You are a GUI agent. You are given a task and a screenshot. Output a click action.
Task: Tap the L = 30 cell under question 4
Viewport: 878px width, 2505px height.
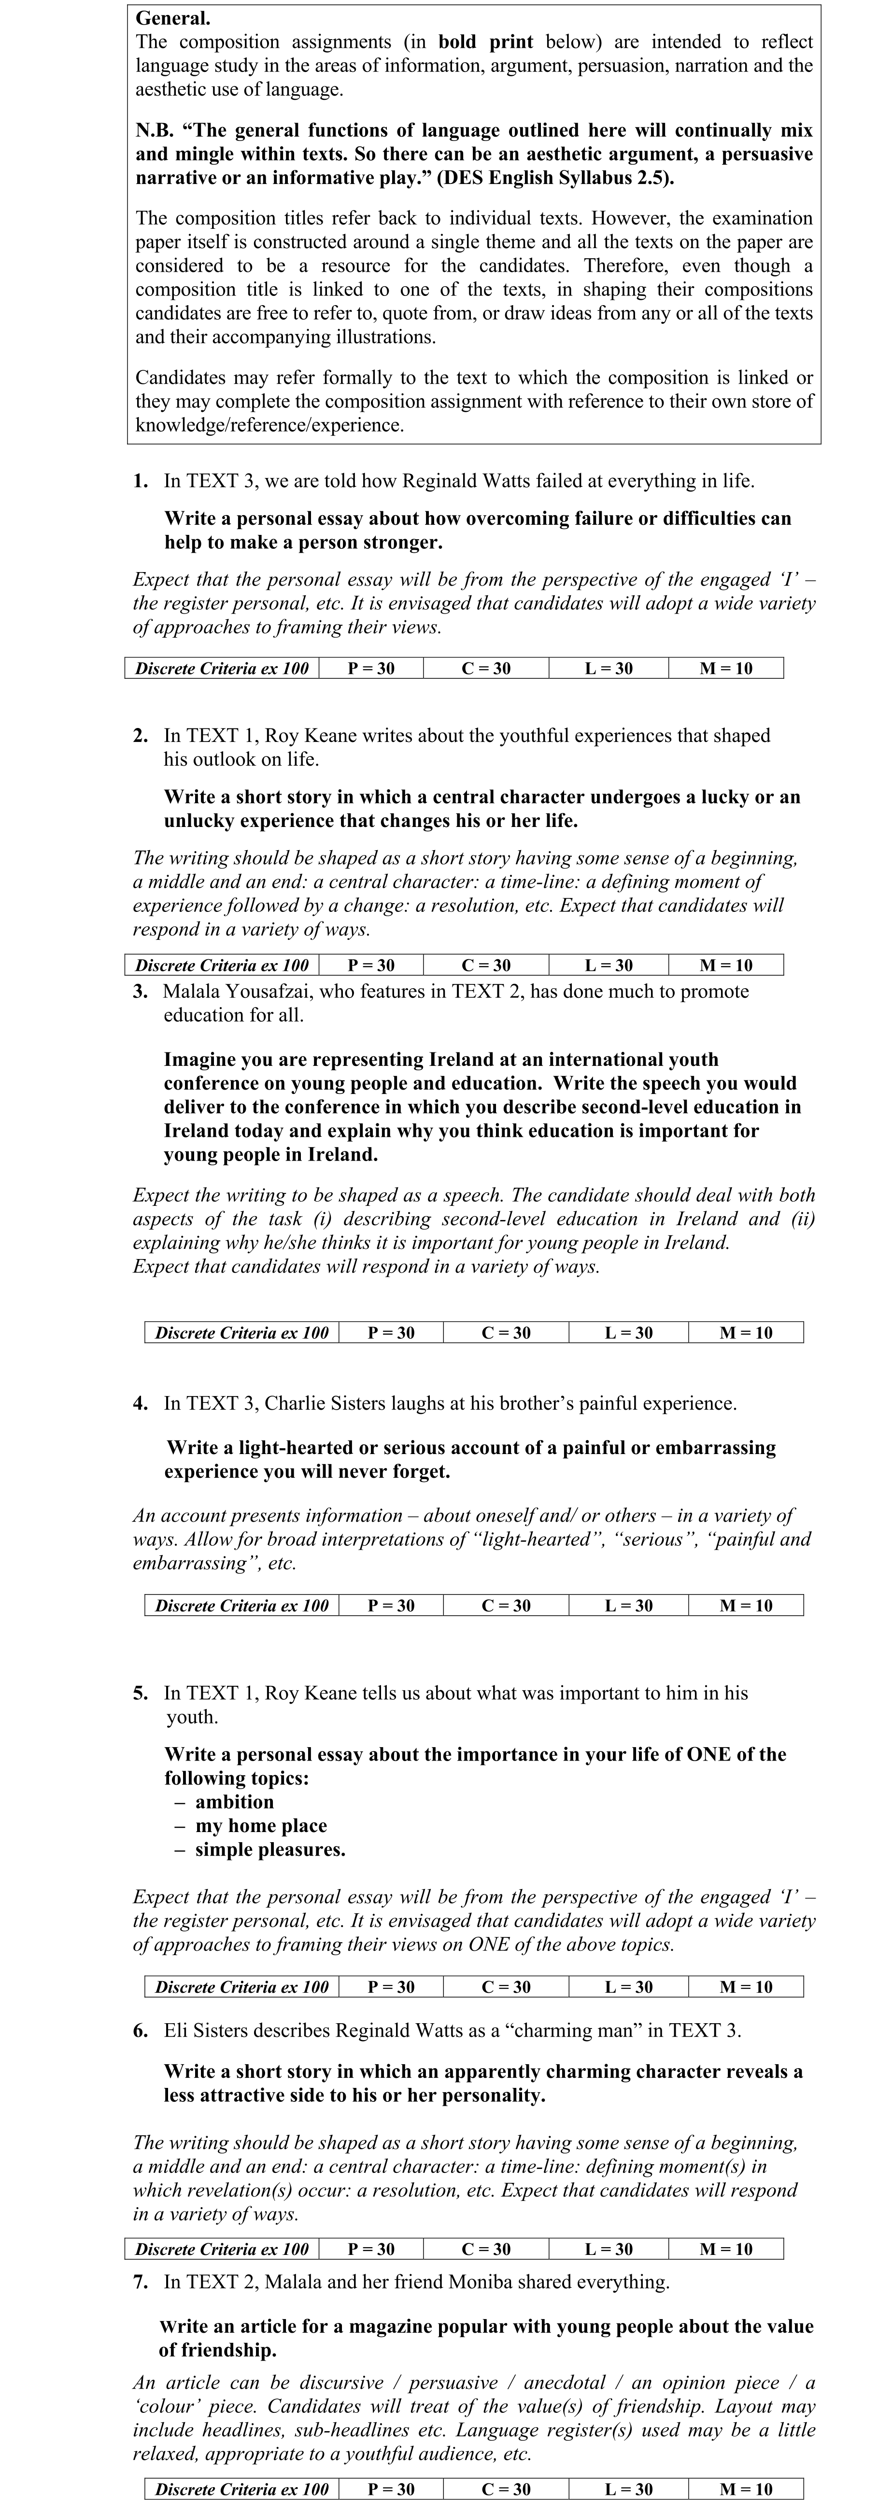[629, 1606]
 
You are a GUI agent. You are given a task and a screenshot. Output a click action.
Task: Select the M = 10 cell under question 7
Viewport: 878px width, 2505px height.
[746, 2490]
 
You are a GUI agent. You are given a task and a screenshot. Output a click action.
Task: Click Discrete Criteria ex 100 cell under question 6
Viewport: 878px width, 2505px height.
[222, 2249]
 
